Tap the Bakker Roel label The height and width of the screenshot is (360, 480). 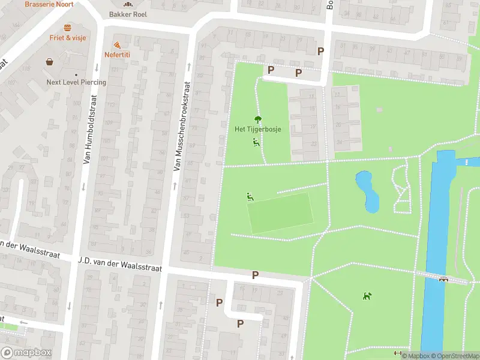coord(127,14)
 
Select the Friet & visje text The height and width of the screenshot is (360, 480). coord(68,37)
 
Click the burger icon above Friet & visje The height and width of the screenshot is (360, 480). coord(68,28)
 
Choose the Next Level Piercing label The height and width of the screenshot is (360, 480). coord(76,82)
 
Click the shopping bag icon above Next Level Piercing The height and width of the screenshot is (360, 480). coord(49,61)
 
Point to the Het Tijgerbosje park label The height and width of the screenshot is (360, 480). coord(257,129)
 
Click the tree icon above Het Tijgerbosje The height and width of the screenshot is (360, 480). coord(258,119)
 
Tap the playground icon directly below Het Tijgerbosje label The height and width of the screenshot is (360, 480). coord(256,142)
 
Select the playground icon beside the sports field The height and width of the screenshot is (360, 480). coord(250,196)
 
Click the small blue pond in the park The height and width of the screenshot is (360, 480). coord(367,191)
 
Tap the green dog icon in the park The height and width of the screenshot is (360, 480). coord(367,296)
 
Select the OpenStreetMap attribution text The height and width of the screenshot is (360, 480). coord(454,356)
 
